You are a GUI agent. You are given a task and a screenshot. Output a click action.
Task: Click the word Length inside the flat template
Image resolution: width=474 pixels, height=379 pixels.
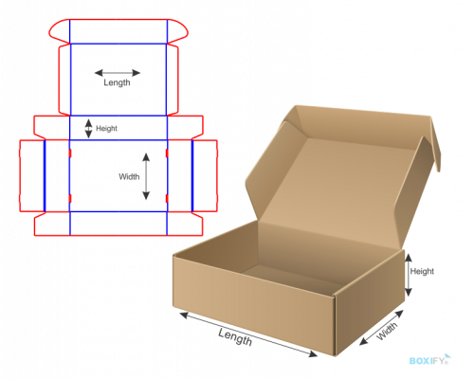pyautogui.click(x=117, y=82)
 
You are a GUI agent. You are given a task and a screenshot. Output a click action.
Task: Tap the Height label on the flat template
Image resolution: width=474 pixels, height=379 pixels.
pyautogui.click(x=106, y=129)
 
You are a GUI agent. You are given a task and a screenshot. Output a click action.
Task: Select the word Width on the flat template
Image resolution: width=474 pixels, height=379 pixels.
pyautogui.click(x=129, y=176)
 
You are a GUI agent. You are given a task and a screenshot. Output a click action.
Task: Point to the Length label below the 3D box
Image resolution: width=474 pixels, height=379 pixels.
pyautogui.click(x=235, y=336)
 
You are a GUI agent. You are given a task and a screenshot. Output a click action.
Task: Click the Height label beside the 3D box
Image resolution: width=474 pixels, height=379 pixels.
pyautogui.click(x=422, y=271)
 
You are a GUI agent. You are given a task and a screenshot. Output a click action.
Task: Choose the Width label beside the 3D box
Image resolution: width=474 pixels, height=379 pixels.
pyautogui.click(x=387, y=332)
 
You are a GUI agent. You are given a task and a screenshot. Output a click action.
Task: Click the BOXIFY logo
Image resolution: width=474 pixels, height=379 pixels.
pyautogui.click(x=429, y=360)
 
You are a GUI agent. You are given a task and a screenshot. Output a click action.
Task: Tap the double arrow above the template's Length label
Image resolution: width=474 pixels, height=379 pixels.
pyautogui.click(x=118, y=73)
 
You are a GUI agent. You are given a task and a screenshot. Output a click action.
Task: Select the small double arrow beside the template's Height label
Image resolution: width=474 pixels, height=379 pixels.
pyautogui.click(x=89, y=129)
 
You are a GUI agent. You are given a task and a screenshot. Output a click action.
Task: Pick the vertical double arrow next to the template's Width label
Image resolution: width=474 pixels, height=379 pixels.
pyautogui.click(x=146, y=176)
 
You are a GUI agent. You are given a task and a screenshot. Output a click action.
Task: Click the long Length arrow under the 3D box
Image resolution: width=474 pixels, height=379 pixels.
pyautogui.click(x=248, y=334)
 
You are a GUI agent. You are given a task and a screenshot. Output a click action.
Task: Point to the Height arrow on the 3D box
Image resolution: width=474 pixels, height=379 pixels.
pyautogui.click(x=409, y=275)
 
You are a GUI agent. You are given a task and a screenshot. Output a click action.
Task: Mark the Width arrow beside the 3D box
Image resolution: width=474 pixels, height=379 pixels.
pyautogui.click(x=381, y=328)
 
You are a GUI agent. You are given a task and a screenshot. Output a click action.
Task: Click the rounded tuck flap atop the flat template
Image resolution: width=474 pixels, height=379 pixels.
pyautogui.click(x=118, y=31)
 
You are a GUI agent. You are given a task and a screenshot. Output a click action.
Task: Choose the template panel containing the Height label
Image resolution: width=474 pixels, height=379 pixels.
pyautogui.click(x=118, y=128)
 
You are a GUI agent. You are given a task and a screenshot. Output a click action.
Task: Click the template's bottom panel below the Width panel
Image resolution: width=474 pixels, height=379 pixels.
pyautogui.click(x=118, y=224)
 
